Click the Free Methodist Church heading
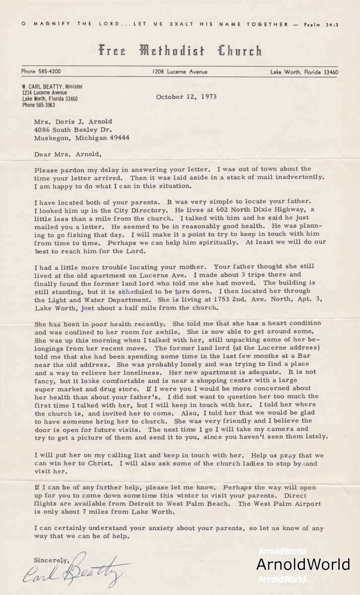pos(180,51)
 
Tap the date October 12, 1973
pos(186,97)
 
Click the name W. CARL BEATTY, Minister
pos(52,86)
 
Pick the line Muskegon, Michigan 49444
pos(82,138)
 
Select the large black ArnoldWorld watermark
pos(303,564)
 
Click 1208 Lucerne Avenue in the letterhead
pos(180,72)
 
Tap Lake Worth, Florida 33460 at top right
pos(304,72)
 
